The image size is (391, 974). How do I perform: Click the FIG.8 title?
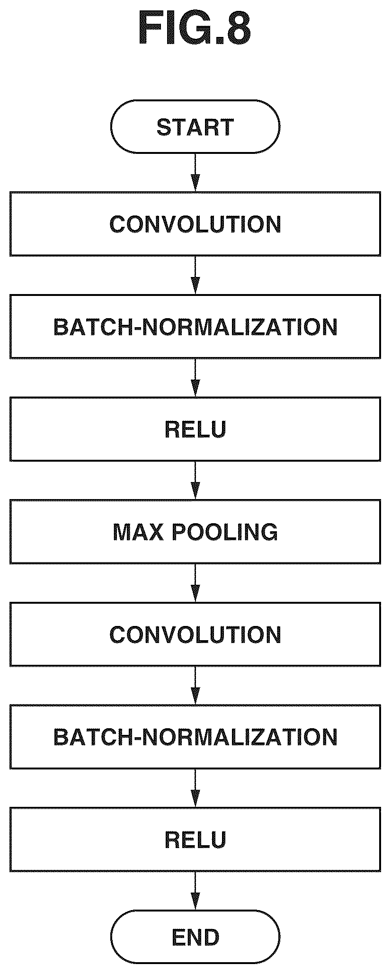tap(195, 29)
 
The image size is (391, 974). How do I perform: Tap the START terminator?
tap(195, 126)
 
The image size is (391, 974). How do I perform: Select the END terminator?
tap(195, 937)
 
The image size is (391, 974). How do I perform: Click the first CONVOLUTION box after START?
tap(195, 223)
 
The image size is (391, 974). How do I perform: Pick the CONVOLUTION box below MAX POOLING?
tap(195, 634)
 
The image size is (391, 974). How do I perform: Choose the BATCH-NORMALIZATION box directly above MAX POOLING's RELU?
tap(195, 326)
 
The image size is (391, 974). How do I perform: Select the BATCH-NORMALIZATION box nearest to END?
tap(195, 737)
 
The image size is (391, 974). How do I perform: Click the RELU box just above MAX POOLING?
tap(195, 429)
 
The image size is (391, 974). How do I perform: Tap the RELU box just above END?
tap(195, 840)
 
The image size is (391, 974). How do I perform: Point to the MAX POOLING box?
tap(195, 532)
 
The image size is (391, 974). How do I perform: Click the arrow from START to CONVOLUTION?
tap(195, 172)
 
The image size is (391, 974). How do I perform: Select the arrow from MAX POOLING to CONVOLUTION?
tap(195, 583)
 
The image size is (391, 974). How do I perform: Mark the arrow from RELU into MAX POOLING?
tap(195, 480)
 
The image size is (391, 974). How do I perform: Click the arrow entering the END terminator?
tap(195, 891)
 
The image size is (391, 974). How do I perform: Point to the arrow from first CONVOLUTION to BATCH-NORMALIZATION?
tap(195, 275)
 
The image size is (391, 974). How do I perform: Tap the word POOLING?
tap(224, 532)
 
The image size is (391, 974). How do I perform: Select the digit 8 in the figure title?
tap(236, 29)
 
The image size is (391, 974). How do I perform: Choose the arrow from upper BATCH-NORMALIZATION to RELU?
tap(195, 377)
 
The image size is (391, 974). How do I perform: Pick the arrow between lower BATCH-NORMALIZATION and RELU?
tap(195, 788)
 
